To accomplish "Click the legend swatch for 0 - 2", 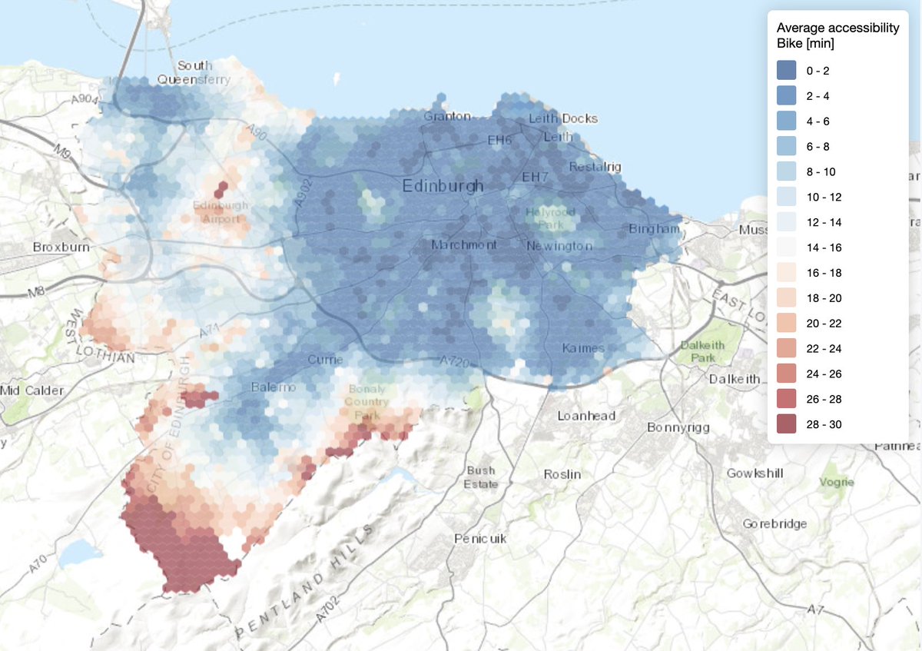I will point(787,71).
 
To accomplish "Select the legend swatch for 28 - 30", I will point(787,424).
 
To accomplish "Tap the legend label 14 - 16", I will point(823,247).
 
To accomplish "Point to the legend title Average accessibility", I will point(837,28).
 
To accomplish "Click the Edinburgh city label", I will point(443,186).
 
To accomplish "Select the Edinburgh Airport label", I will point(221,212).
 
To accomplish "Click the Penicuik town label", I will point(480,538).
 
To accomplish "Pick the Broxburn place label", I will point(61,247).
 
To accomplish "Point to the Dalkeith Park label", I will point(702,351).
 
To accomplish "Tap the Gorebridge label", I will point(774,523).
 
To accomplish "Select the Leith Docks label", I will point(562,118).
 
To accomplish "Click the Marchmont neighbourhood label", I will point(463,245).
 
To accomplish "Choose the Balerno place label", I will point(273,387).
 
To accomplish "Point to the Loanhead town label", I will point(586,415).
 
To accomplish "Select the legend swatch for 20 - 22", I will point(787,323).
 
